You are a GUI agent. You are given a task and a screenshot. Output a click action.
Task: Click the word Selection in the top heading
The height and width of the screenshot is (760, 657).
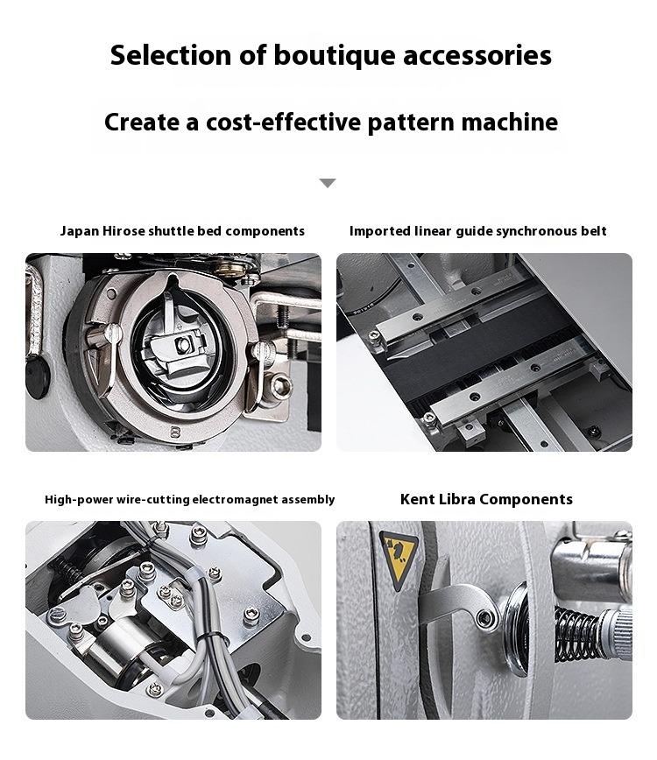point(171,55)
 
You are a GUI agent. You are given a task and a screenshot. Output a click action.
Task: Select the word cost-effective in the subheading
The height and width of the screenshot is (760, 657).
point(283,121)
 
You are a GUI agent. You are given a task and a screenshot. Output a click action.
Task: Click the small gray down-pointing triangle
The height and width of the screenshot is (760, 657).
point(328,183)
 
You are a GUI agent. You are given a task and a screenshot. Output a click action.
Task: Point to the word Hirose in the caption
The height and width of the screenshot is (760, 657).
point(124,231)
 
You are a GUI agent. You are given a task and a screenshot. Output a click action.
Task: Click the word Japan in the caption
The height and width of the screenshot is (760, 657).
point(80,231)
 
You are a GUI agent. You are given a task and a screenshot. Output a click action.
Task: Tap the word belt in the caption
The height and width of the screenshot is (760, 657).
point(594,231)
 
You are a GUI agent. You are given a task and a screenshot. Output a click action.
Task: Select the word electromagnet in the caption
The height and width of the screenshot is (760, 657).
point(235,499)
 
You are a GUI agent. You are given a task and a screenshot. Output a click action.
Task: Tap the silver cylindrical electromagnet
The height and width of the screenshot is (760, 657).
point(120,644)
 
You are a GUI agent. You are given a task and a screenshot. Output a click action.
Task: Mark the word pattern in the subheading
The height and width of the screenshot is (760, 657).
point(411,123)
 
